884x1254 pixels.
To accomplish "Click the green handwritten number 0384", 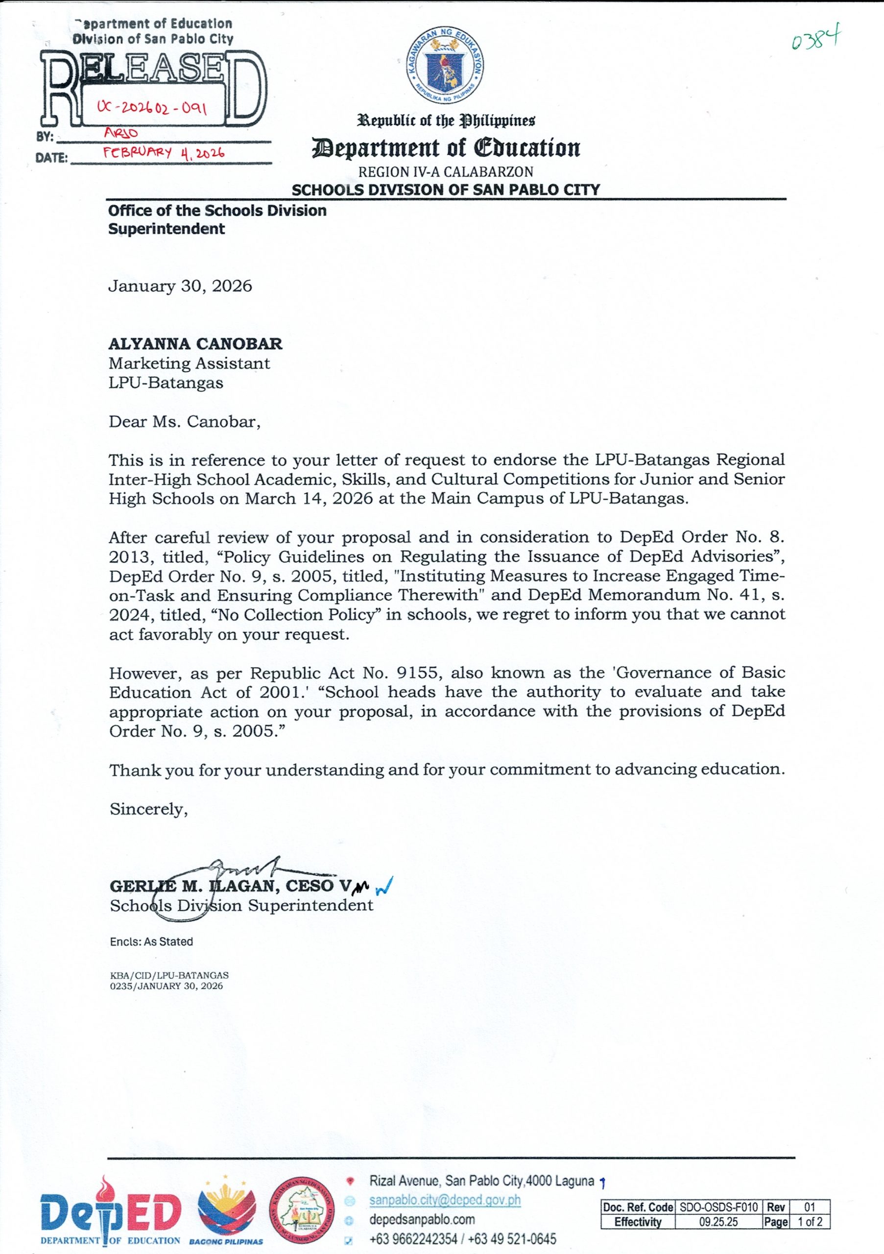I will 816,39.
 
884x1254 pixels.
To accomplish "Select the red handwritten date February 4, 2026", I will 164,152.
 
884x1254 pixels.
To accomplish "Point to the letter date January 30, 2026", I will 180,286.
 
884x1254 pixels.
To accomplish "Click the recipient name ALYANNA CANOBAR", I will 195,343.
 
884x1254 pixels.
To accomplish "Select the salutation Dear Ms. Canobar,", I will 185,422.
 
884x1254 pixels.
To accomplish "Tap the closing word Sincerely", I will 148,809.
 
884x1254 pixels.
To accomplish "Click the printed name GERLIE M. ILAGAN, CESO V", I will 229,886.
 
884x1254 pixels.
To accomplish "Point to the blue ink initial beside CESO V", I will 385,885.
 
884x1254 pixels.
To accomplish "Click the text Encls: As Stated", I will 151,941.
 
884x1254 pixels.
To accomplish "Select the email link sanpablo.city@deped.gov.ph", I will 445,1200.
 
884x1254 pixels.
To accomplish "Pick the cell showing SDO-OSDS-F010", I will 718,1207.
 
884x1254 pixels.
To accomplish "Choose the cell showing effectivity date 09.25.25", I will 718,1222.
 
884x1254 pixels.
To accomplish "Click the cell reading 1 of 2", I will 810,1222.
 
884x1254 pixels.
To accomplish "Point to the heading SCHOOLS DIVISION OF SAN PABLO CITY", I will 446,190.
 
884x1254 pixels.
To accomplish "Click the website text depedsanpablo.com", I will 422,1220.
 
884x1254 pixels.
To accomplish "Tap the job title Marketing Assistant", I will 189,363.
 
